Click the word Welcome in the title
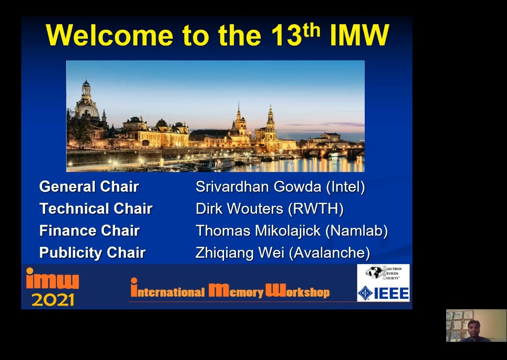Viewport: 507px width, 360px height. pos(110,35)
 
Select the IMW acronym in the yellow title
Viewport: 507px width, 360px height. pos(359,35)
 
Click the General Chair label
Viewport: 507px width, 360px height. pos(89,186)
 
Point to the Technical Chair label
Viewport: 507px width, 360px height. pos(96,208)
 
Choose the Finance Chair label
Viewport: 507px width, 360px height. pos(89,230)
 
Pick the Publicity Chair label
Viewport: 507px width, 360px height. pos(92,252)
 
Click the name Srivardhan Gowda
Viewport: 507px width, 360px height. pos(258,187)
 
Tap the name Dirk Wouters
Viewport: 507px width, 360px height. pos(239,208)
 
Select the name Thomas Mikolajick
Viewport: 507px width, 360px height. pos(258,230)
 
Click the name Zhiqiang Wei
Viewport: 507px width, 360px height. pos(240,252)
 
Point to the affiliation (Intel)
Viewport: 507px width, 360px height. pos(346,187)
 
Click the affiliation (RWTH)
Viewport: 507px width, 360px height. pos(316,209)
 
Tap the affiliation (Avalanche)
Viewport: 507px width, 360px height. pos(330,253)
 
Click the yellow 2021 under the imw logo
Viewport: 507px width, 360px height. pos(53,300)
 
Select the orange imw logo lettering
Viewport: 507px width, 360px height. pos(52,278)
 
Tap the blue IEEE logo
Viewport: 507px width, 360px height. pos(383,293)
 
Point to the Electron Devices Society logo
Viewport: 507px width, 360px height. pos(383,273)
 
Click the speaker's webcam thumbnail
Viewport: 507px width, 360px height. pos(476,325)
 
